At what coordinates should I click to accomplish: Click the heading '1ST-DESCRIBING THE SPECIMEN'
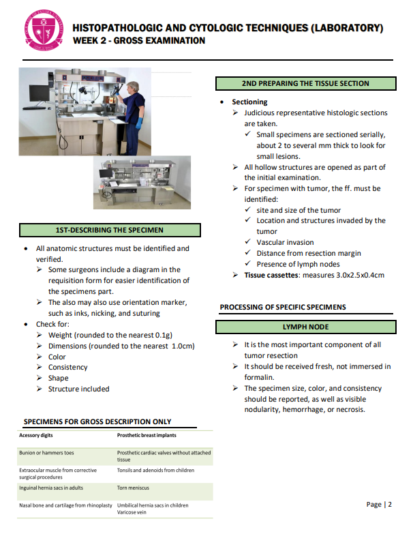(x=109, y=230)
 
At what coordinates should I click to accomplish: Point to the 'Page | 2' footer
(x=379, y=504)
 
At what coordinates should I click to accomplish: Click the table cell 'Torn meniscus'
(x=133, y=488)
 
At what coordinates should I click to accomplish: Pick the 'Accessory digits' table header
(x=36, y=435)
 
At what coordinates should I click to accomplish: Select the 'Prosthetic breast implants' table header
(x=147, y=435)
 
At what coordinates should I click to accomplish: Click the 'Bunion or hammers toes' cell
(x=46, y=452)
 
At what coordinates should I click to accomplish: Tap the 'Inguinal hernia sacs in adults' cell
(x=51, y=488)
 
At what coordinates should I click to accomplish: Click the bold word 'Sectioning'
(x=249, y=102)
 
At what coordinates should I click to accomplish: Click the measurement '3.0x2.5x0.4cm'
(x=358, y=275)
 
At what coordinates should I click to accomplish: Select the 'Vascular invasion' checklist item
(x=285, y=242)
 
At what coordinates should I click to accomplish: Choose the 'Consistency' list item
(x=67, y=367)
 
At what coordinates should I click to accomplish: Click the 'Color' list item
(x=57, y=356)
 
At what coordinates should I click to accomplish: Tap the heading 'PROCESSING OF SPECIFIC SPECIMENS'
(x=283, y=307)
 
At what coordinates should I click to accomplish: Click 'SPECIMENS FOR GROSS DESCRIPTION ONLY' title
(x=97, y=421)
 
